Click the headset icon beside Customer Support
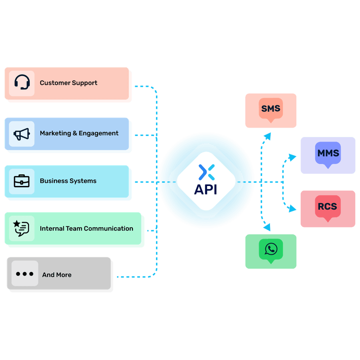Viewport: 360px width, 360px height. (22, 83)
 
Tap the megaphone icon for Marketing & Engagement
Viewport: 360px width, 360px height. (22, 134)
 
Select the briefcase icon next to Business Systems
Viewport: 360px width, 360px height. (22, 181)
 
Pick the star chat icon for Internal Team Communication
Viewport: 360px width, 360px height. (22, 228)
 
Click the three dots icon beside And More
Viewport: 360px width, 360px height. (24, 274)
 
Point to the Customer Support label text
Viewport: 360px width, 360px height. (68, 83)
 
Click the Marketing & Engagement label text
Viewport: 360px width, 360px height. (79, 133)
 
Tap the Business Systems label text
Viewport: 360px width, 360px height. (68, 181)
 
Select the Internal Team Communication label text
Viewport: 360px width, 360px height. (86, 228)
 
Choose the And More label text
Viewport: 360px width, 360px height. (57, 275)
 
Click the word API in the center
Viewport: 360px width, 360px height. (206, 189)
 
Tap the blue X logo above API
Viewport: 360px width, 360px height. (206, 172)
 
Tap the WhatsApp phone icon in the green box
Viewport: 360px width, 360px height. (271, 249)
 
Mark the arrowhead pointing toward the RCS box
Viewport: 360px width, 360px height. (292, 208)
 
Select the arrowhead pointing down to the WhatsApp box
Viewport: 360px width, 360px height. (267, 227)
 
